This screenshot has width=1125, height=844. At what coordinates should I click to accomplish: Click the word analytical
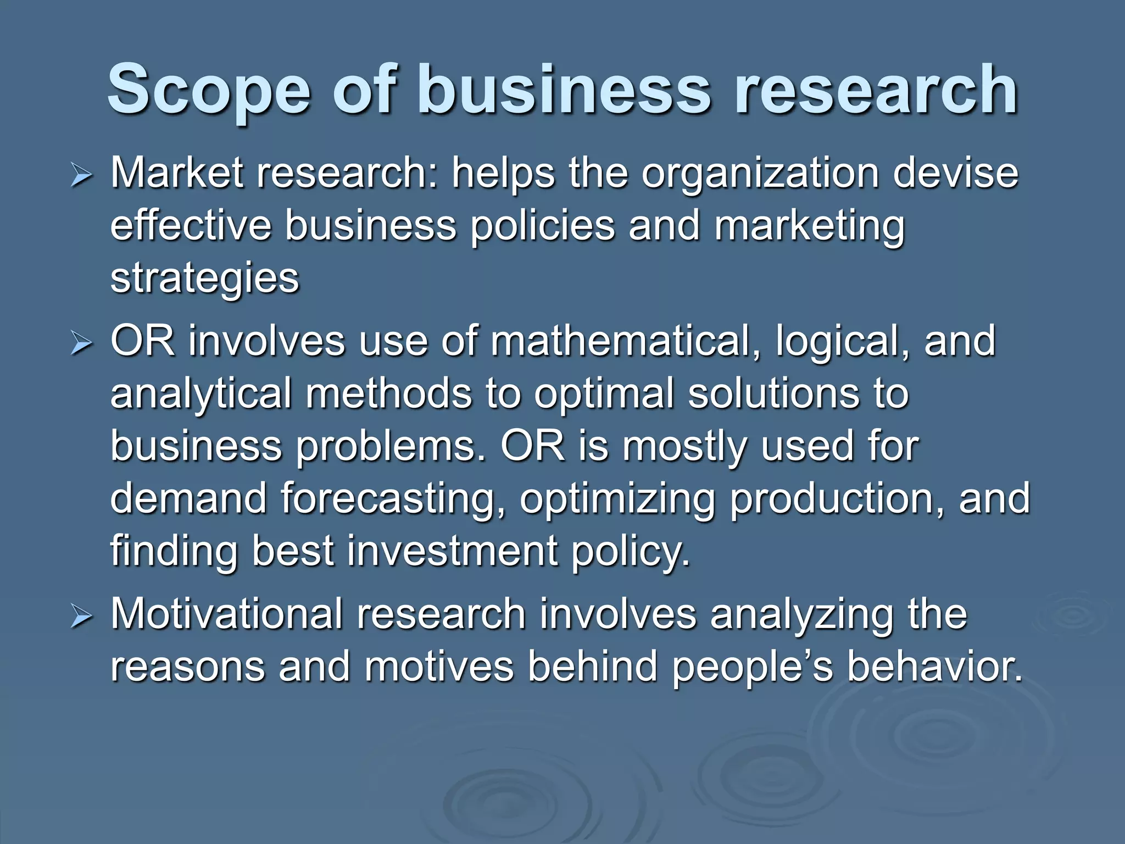tap(201, 395)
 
